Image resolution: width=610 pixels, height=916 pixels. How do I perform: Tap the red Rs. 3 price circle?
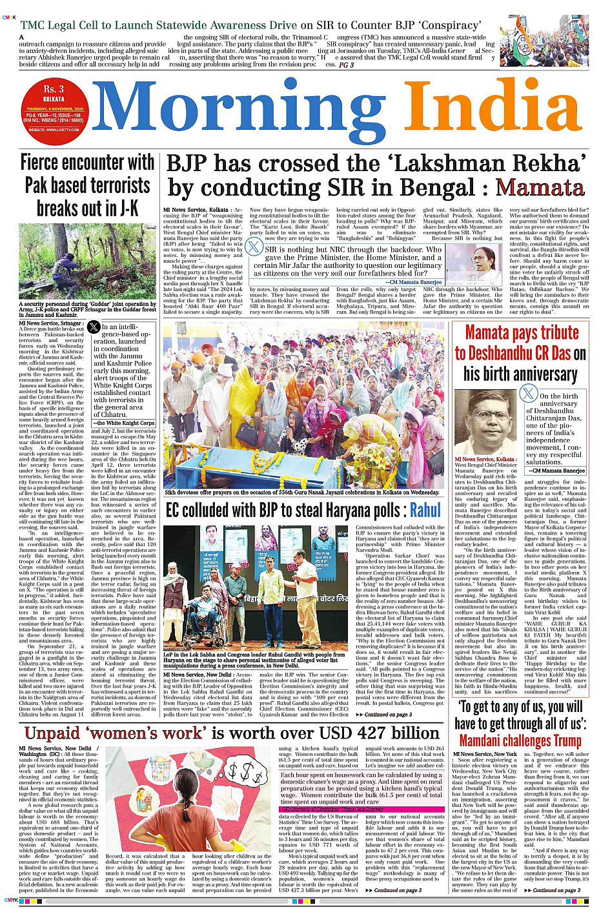pos(54,109)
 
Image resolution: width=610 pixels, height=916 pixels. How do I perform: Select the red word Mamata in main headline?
pos(540,188)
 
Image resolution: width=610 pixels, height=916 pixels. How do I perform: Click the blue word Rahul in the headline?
pos(425,511)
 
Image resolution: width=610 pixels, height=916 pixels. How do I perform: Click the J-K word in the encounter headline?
pos(126,209)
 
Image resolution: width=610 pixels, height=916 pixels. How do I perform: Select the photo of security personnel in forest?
pos(88,261)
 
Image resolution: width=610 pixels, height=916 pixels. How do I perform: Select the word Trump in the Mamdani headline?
pos(566,740)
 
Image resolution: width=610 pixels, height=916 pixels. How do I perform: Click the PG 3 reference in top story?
pos(347,65)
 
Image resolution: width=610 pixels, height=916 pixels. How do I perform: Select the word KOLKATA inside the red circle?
pos(54,99)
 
